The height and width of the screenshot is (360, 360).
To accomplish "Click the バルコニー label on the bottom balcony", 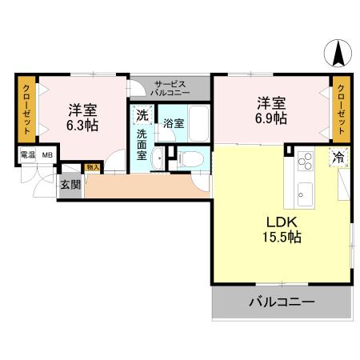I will [x=281, y=302].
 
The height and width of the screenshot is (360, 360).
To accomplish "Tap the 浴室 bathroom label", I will [x=174, y=124].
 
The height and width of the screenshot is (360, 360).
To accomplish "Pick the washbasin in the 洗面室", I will [x=160, y=158].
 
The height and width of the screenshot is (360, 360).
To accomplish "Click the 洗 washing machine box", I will [x=142, y=114].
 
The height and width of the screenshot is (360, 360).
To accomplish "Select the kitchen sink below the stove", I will [x=306, y=192].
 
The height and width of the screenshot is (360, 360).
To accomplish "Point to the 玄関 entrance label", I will [x=70, y=184].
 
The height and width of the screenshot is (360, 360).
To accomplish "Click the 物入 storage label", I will [x=92, y=168].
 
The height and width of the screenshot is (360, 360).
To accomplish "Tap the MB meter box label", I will [x=47, y=155].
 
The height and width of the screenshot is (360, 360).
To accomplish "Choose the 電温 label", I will [x=27, y=155].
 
